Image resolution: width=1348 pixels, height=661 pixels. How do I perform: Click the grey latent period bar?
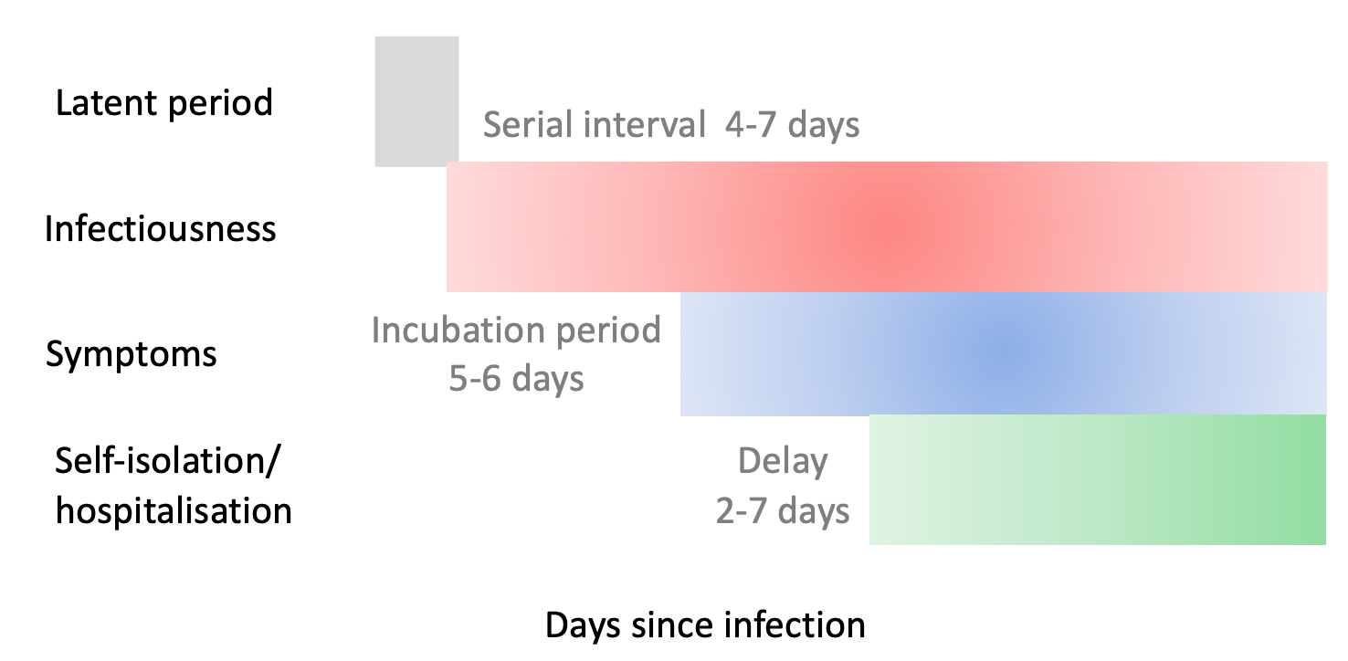416,101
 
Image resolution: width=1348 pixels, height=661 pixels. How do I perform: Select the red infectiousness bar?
887,226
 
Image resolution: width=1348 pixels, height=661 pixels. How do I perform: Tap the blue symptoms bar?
1003,353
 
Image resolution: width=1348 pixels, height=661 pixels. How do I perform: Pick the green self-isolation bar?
1098,479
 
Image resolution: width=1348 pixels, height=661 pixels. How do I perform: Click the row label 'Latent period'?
163,103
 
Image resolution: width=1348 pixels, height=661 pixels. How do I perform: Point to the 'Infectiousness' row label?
160,228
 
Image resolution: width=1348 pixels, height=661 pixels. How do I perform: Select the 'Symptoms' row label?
132,353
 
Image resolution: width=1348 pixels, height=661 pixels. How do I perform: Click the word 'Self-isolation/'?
167,461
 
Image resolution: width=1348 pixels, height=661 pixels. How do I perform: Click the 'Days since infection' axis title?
705,624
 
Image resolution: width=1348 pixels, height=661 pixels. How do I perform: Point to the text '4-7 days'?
792,125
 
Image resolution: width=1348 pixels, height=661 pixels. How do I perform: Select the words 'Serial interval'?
594,124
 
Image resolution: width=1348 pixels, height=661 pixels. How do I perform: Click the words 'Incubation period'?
516,330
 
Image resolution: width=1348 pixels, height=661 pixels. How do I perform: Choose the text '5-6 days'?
516,379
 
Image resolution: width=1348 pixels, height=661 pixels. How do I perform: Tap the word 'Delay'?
783,461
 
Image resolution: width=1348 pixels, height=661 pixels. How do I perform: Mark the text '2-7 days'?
783,511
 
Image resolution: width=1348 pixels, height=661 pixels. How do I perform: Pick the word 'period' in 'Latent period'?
220,104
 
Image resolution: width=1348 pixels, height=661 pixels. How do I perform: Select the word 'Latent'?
107,102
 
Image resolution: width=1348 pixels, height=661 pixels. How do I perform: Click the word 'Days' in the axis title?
583,625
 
